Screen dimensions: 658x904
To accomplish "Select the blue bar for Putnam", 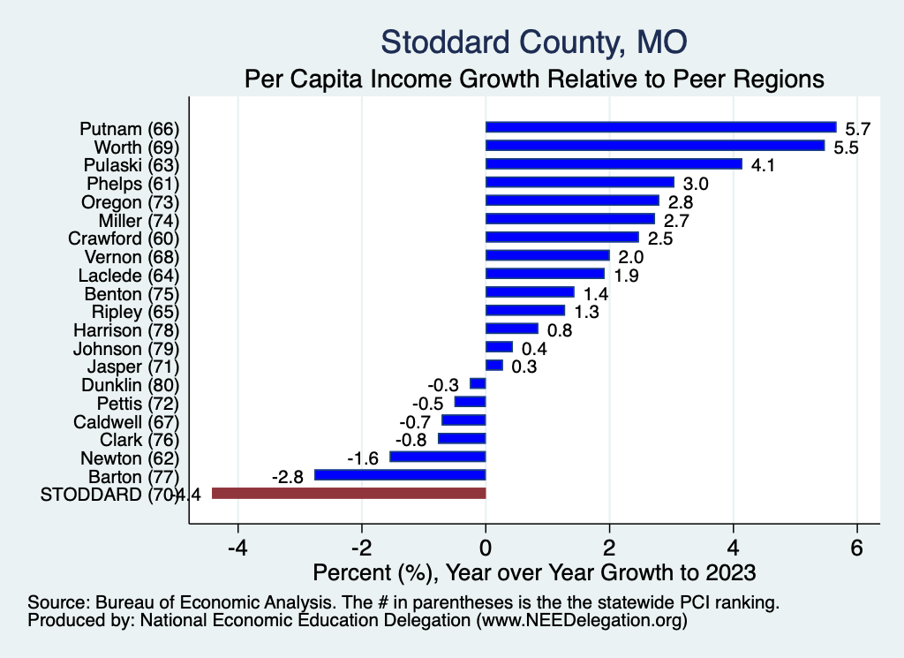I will (660, 127).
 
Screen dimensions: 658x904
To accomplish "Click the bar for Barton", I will (400, 475).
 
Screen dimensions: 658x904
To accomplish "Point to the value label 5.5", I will (847, 147).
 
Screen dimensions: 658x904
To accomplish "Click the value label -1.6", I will (364, 458).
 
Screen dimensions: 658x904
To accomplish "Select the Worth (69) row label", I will (137, 146).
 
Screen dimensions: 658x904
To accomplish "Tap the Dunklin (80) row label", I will (130, 384).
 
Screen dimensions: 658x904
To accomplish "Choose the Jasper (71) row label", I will (133, 366).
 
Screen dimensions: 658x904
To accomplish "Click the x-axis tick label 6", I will (856, 545).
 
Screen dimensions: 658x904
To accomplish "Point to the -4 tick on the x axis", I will (237, 545).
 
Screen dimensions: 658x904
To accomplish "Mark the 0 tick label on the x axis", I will (486, 545).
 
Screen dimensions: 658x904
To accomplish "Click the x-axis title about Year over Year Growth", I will (534, 572).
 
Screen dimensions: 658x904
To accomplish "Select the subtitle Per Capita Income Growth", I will (533, 79).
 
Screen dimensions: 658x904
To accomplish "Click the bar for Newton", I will (438, 457).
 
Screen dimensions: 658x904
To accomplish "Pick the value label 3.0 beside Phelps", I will (697, 184).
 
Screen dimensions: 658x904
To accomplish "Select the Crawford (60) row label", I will (124, 238).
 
